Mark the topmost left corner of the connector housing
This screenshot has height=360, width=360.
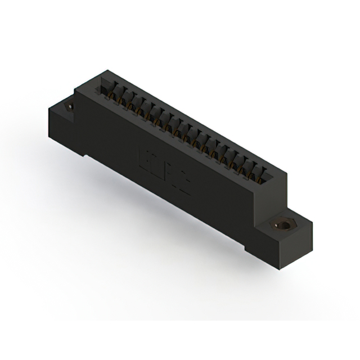tap(104, 70)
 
